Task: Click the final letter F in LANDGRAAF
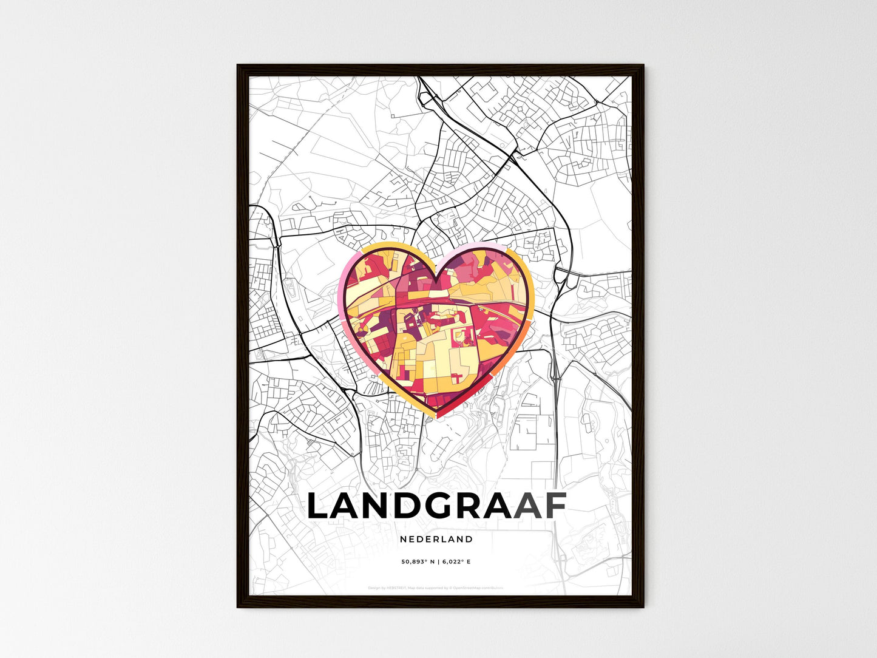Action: click(554, 506)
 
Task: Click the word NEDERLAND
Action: click(436, 539)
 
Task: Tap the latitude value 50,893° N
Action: click(419, 562)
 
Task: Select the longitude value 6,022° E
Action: click(456, 562)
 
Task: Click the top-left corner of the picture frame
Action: click(238, 66)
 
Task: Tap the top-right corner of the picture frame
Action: click(643, 66)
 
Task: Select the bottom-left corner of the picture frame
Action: click(238, 606)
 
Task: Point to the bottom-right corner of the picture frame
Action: click(643, 606)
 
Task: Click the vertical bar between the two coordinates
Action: click(439, 562)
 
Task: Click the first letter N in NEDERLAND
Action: click(403, 539)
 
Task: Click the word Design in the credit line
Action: click(374, 588)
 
